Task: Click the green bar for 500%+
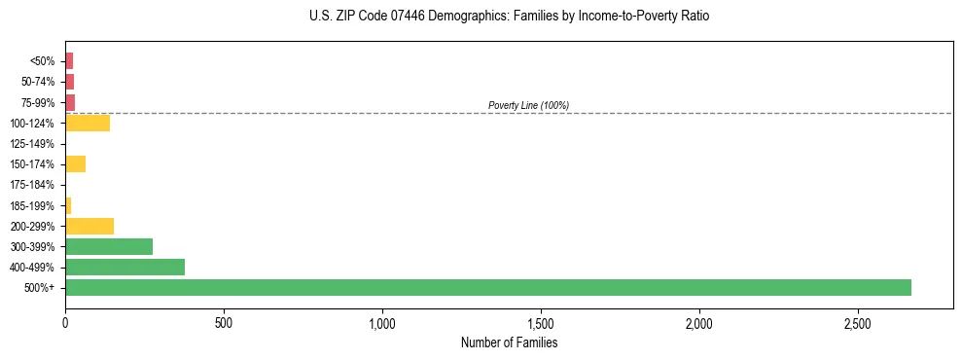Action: point(486,287)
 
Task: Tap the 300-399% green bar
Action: point(109,246)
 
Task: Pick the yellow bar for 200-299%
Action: point(89,226)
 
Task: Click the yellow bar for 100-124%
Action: point(88,123)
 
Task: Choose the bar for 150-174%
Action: point(75,163)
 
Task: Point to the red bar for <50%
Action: point(69,60)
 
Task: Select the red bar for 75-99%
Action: point(70,102)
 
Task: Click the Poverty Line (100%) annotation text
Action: point(528,105)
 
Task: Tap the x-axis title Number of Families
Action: point(509,342)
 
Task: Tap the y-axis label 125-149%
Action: point(32,144)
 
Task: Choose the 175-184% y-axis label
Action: point(32,185)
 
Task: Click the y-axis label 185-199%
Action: point(32,205)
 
